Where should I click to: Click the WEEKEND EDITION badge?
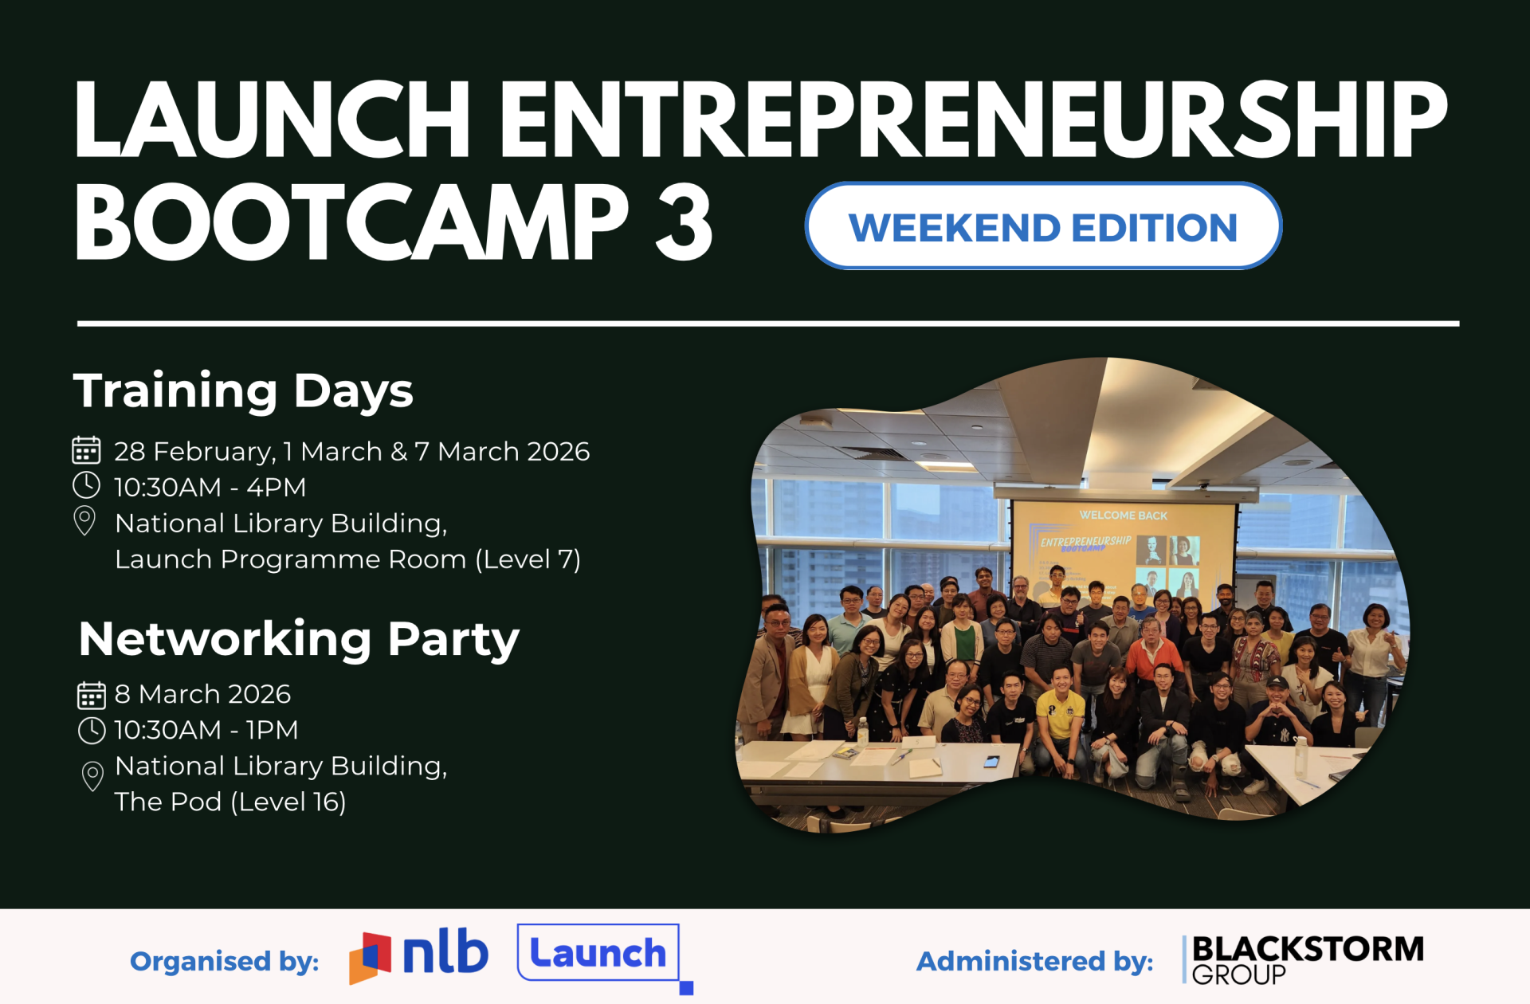click(1043, 226)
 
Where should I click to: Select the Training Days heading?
click(243, 390)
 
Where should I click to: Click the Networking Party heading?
click(299, 639)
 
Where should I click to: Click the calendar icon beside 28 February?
click(86, 450)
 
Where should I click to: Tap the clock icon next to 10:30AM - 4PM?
click(86, 485)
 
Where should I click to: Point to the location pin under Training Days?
click(84, 521)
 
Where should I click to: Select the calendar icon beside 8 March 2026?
click(92, 695)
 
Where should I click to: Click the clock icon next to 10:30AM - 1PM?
click(92, 730)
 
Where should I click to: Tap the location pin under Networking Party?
click(92, 776)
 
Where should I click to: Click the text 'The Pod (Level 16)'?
click(230, 802)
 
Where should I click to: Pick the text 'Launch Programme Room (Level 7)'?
click(347, 559)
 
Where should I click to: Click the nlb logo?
click(418, 955)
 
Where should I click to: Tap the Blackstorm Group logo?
click(1303, 959)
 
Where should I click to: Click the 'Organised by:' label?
click(225, 961)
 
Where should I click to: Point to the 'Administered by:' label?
click(1034, 961)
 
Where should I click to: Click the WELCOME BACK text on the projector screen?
click(1123, 516)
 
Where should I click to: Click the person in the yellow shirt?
click(1060, 717)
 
